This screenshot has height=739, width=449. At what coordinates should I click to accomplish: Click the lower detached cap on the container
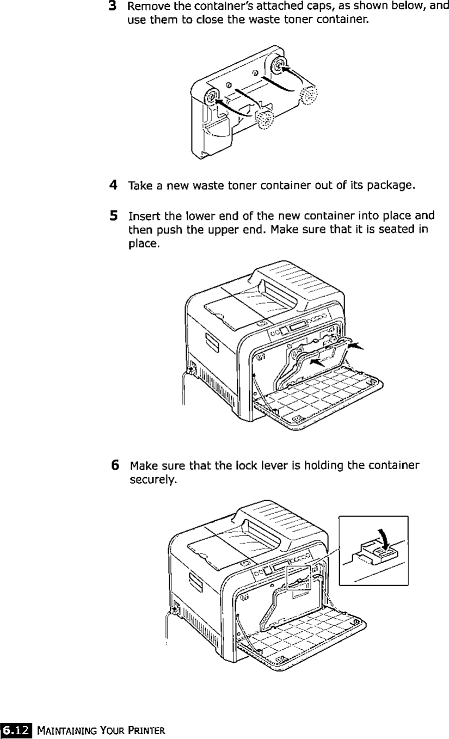pos(265,119)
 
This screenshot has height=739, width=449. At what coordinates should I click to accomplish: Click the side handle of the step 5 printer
pos(208,346)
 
